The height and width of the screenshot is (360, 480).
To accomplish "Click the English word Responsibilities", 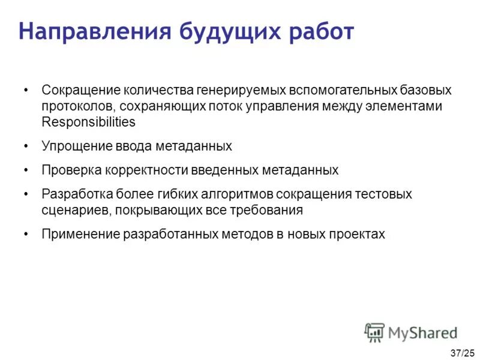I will point(89,122).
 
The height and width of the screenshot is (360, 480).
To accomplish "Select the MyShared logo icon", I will point(374,332).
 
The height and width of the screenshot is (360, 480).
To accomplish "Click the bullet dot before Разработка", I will point(25,194).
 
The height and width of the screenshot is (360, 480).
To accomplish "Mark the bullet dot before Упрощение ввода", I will point(25,146).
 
